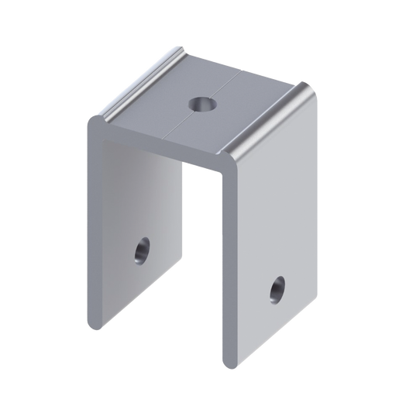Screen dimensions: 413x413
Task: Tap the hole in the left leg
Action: (x=140, y=251)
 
